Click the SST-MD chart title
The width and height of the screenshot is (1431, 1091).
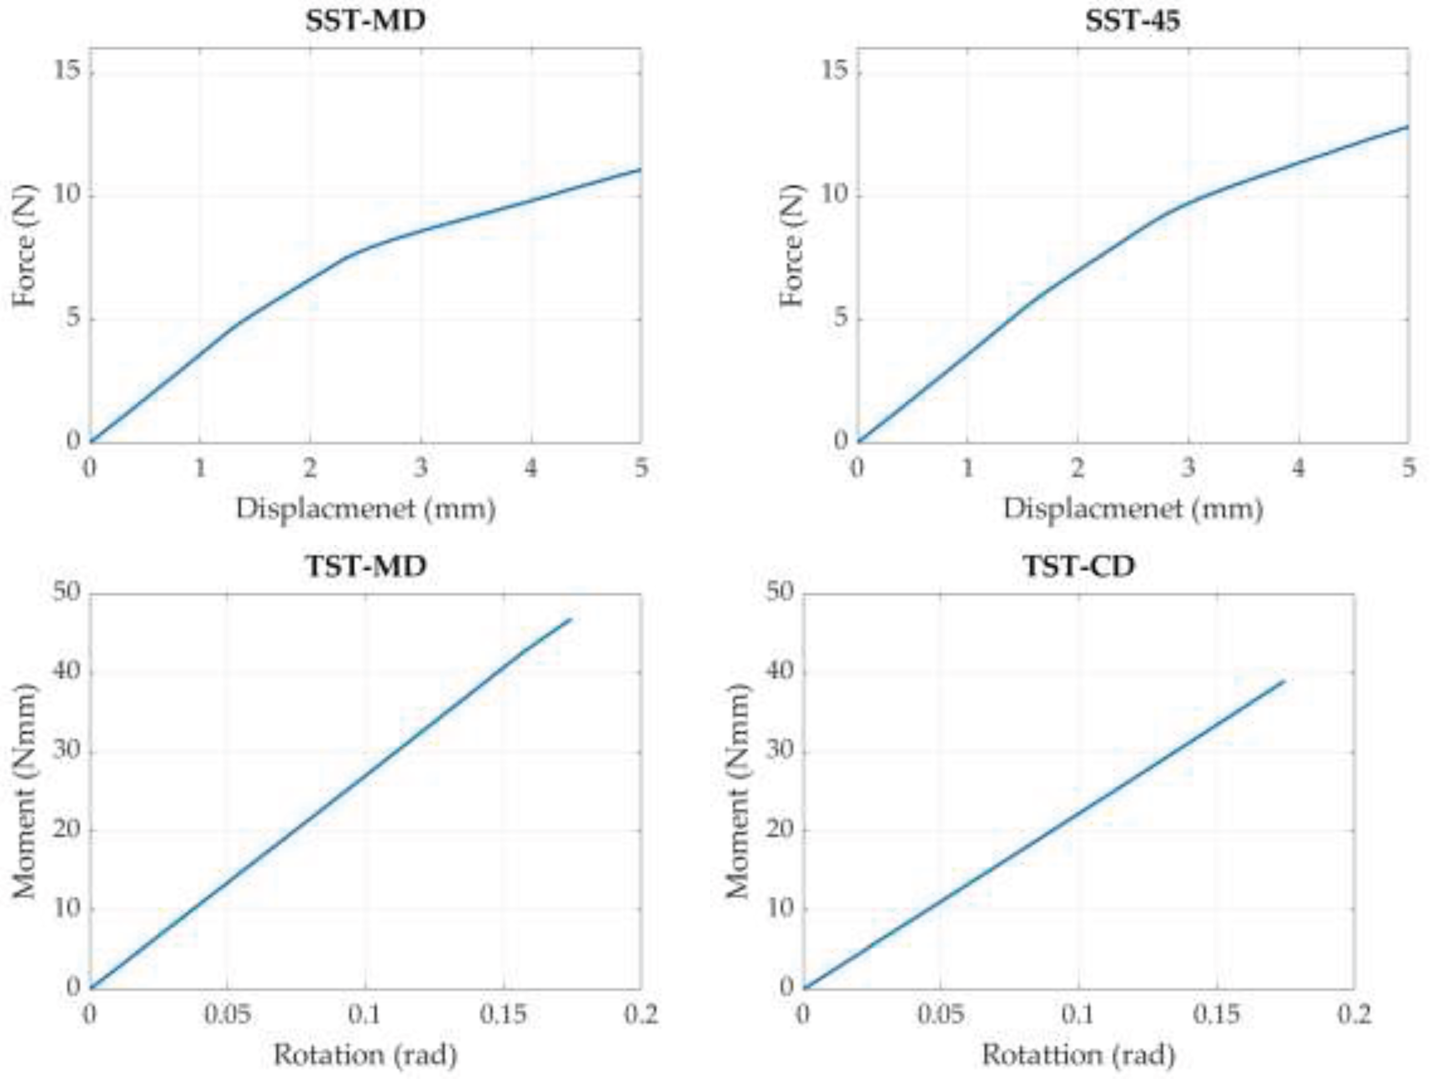(x=366, y=21)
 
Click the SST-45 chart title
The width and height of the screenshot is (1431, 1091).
(x=1132, y=21)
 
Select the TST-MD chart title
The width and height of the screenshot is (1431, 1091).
(x=366, y=566)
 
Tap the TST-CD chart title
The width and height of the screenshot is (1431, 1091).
(x=1079, y=566)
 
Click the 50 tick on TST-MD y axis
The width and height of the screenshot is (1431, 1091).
(x=66, y=592)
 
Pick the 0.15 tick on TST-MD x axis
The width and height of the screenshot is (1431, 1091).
(x=503, y=1014)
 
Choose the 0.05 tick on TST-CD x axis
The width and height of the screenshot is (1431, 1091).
(x=940, y=1014)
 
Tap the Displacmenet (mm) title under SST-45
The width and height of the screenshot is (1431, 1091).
(x=1132, y=508)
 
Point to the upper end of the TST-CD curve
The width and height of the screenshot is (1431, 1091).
(x=1284, y=681)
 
